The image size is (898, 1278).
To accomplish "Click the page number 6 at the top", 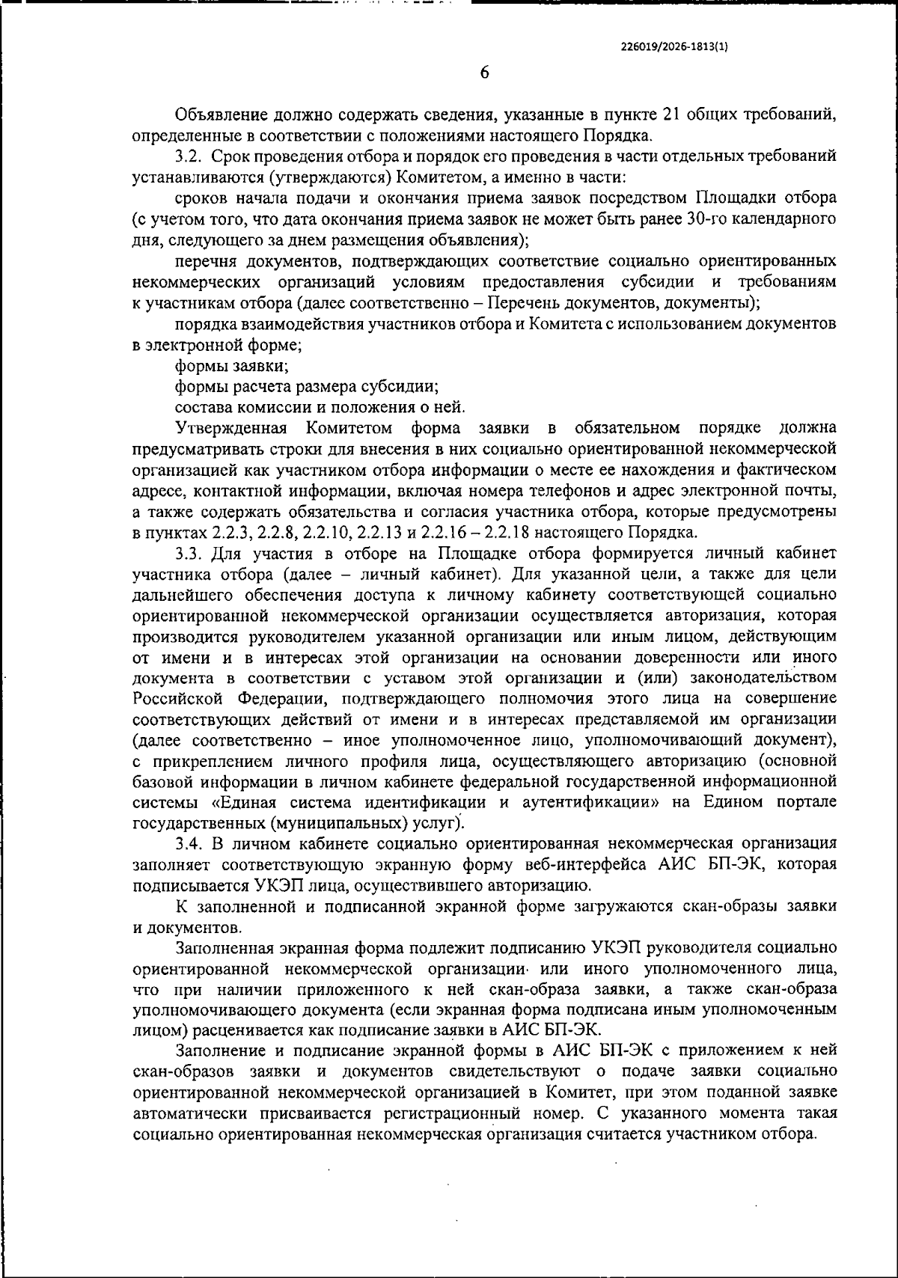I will [483, 73].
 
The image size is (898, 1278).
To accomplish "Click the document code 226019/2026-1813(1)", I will [675, 45].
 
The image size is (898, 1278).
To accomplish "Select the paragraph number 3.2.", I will [189, 157].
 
